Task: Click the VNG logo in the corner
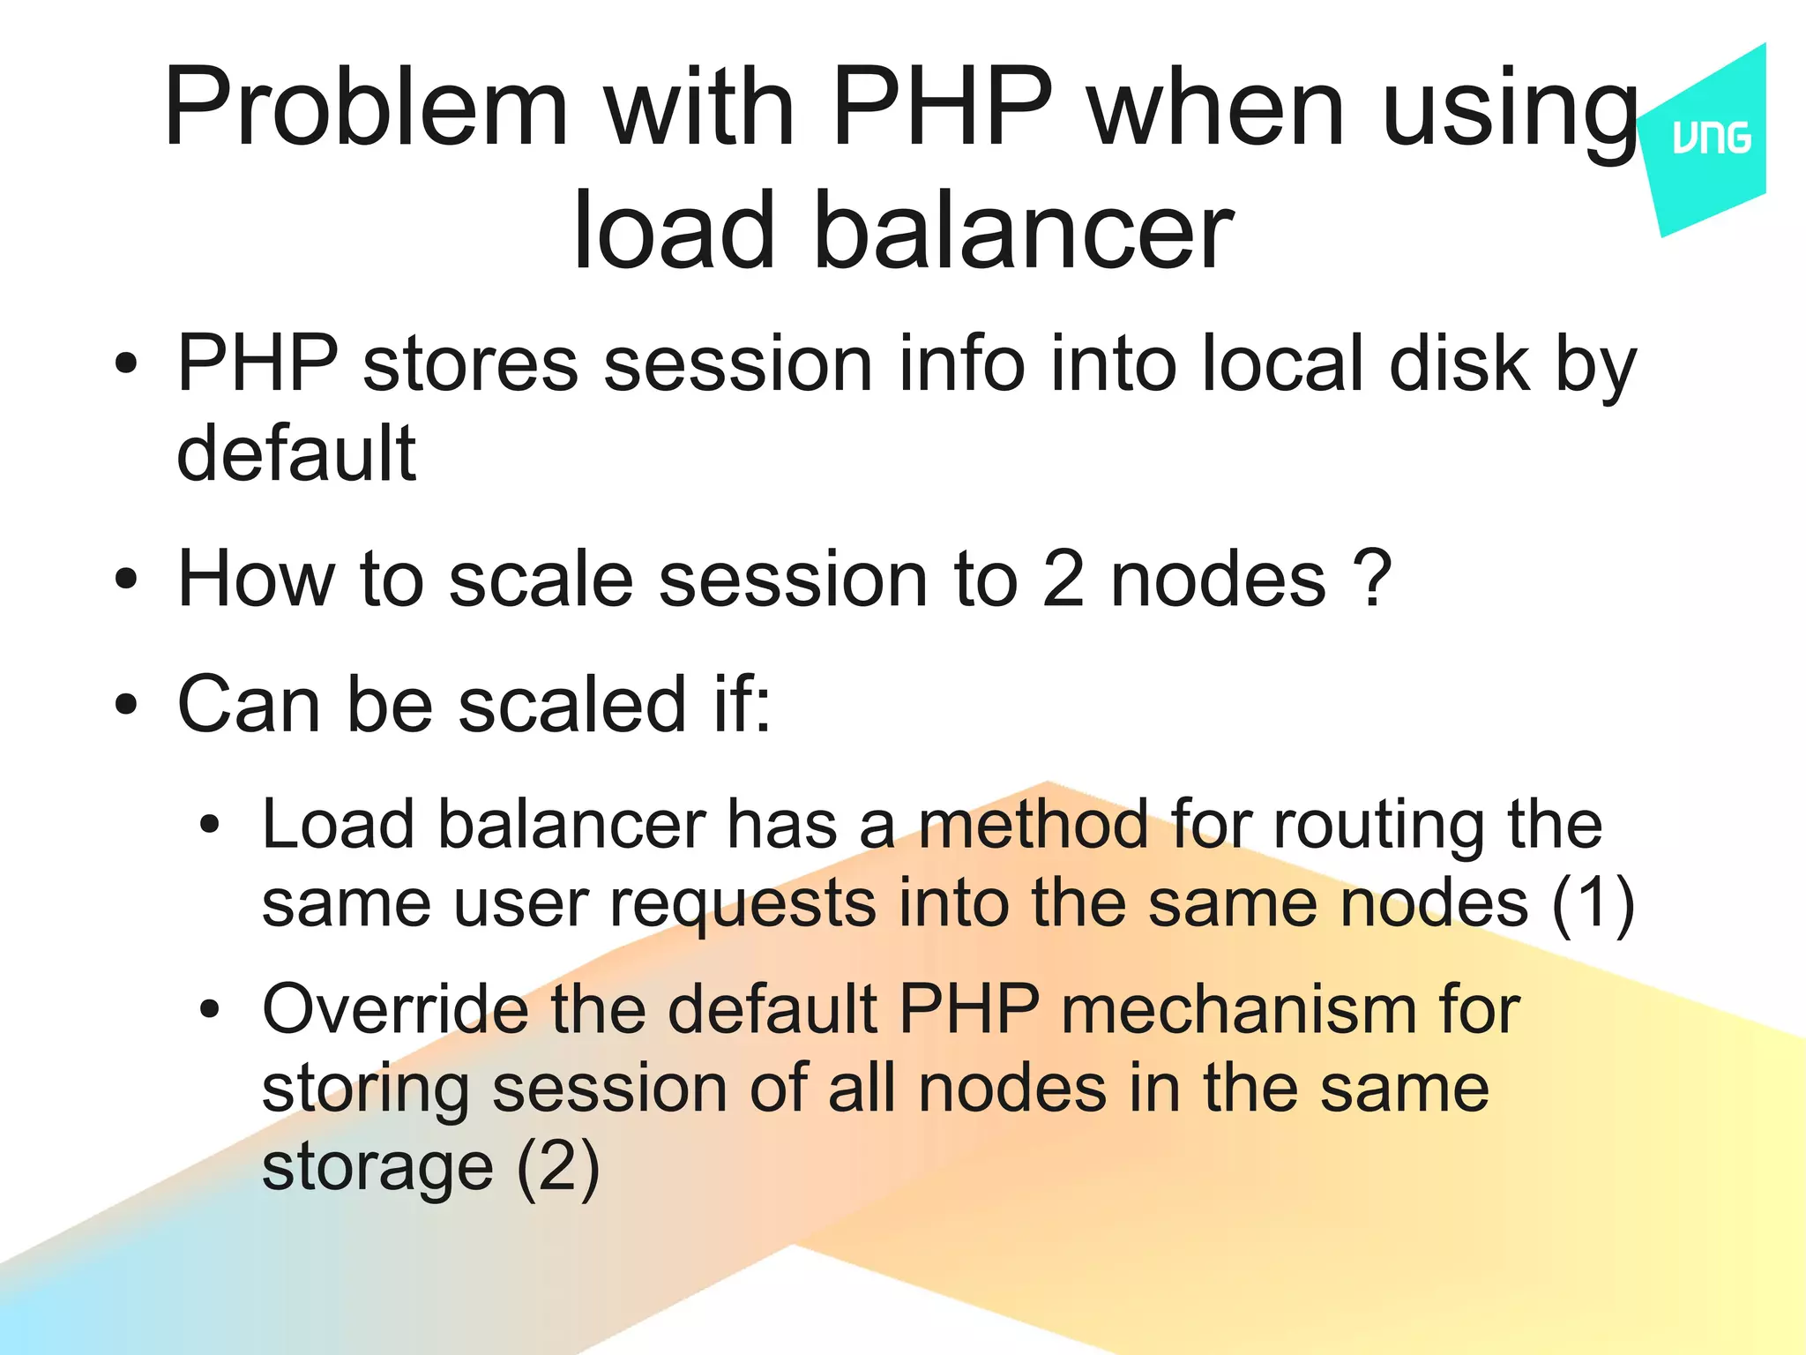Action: pos(1711,139)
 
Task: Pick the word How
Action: pos(256,579)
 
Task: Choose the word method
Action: pos(1033,825)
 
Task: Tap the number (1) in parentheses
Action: pos(1593,903)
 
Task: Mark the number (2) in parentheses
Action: pos(557,1167)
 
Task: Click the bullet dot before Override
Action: pos(209,1009)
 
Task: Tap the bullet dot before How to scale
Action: pos(126,580)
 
